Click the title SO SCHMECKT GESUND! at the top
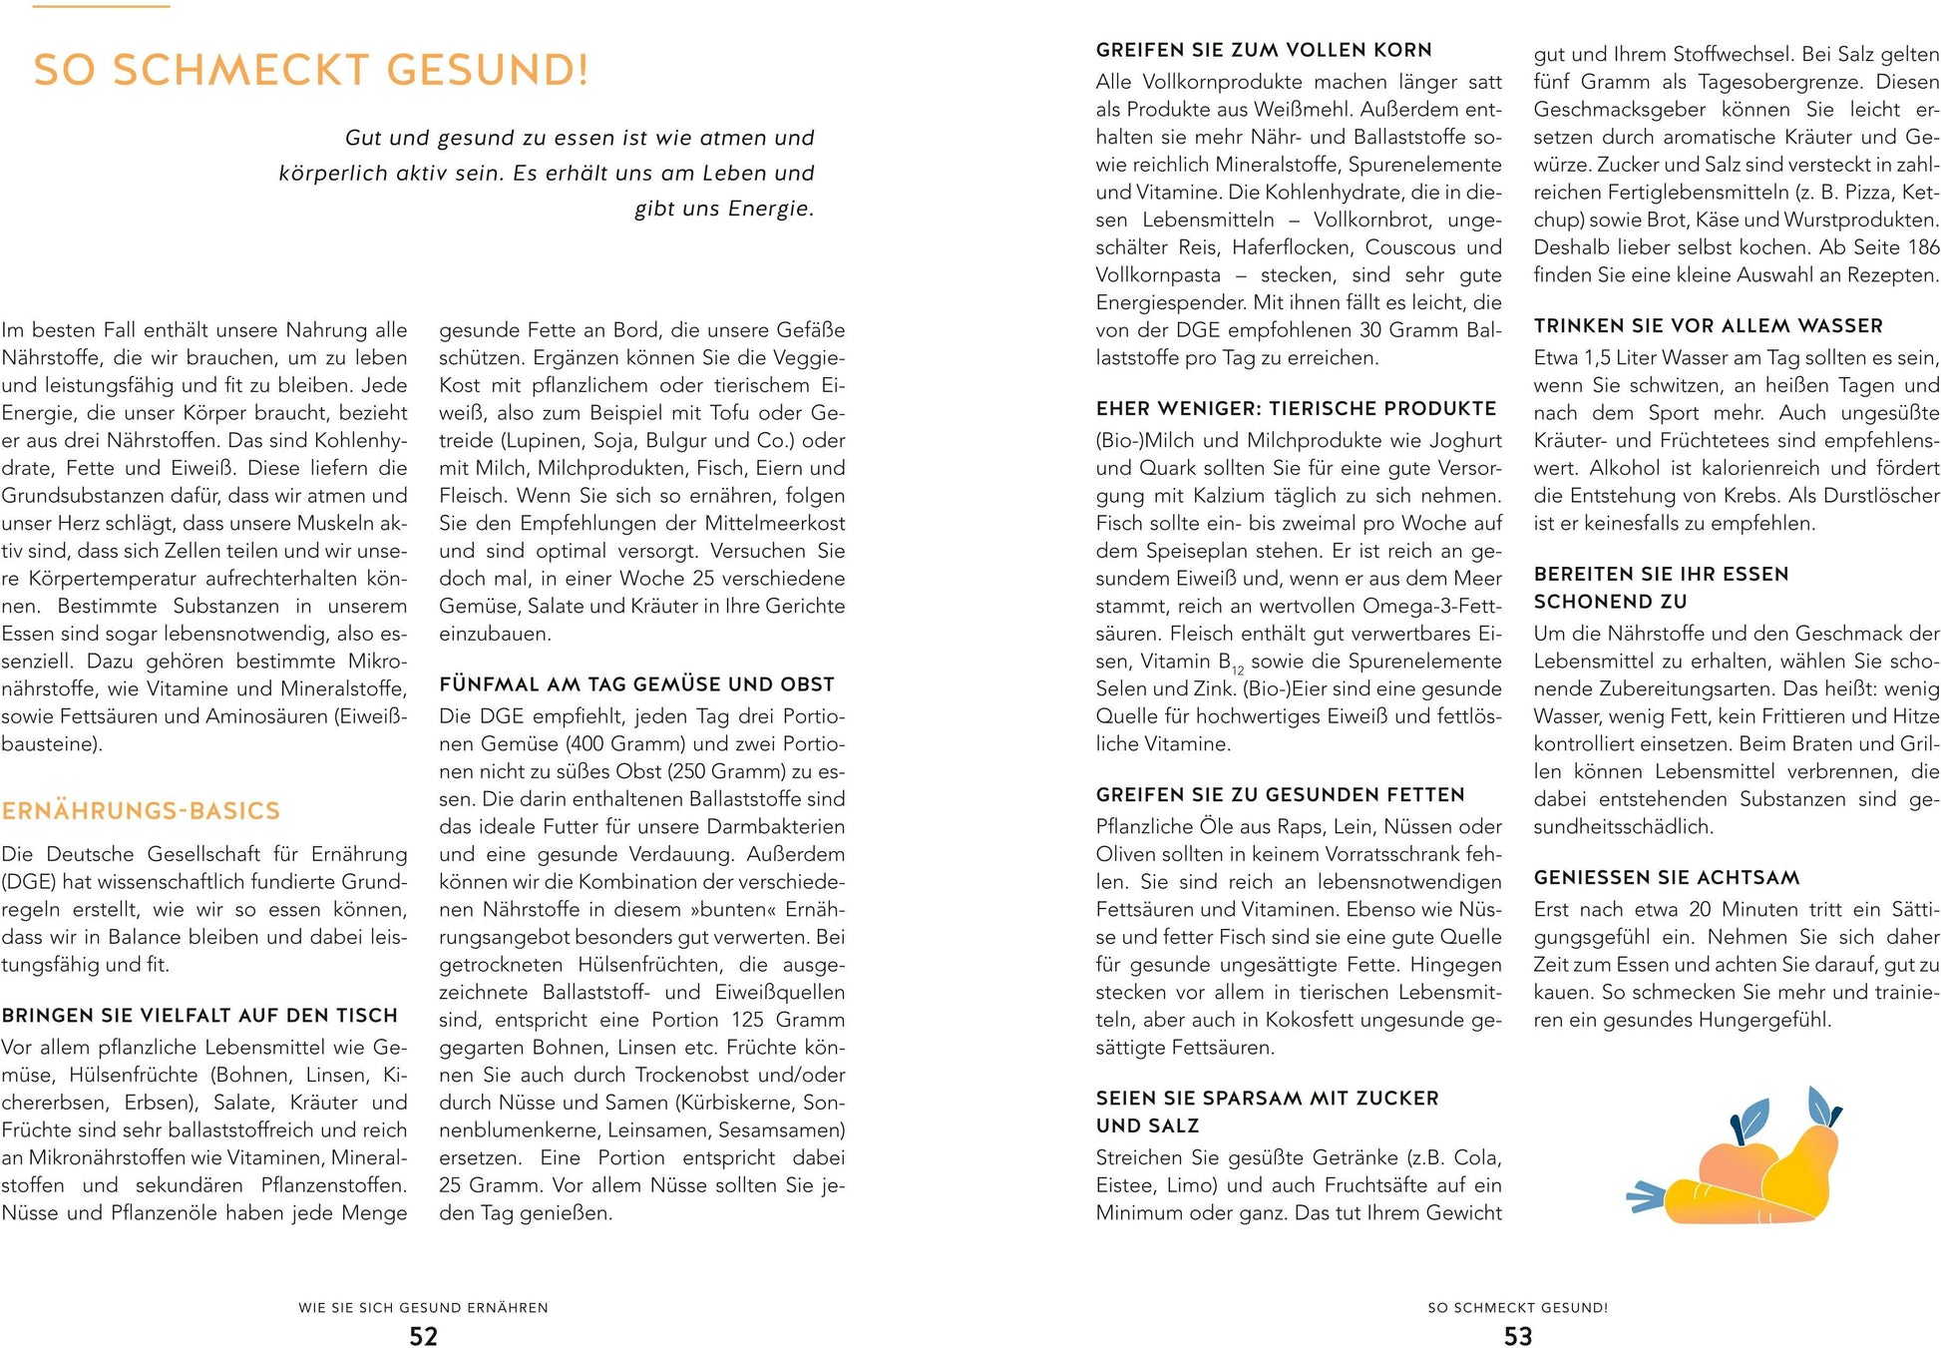coord(311,71)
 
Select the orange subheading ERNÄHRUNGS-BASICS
coord(141,810)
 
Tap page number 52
coord(423,1336)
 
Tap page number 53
coord(1517,1336)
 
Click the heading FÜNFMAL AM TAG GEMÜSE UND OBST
coord(636,684)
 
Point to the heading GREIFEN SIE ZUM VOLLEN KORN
coord(1263,50)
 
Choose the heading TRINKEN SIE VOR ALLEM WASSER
coord(1708,326)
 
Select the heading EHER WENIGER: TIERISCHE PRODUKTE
coord(1296,409)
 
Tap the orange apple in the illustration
coord(1737,1162)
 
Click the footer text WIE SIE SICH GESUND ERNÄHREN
coord(423,1307)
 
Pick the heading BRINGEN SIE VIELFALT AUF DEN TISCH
coord(199,1016)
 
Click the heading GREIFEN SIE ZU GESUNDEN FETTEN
coord(1280,795)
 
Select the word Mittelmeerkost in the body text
coord(780,523)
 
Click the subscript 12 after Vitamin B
coord(1238,671)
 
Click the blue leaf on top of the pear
coord(1824,1105)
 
